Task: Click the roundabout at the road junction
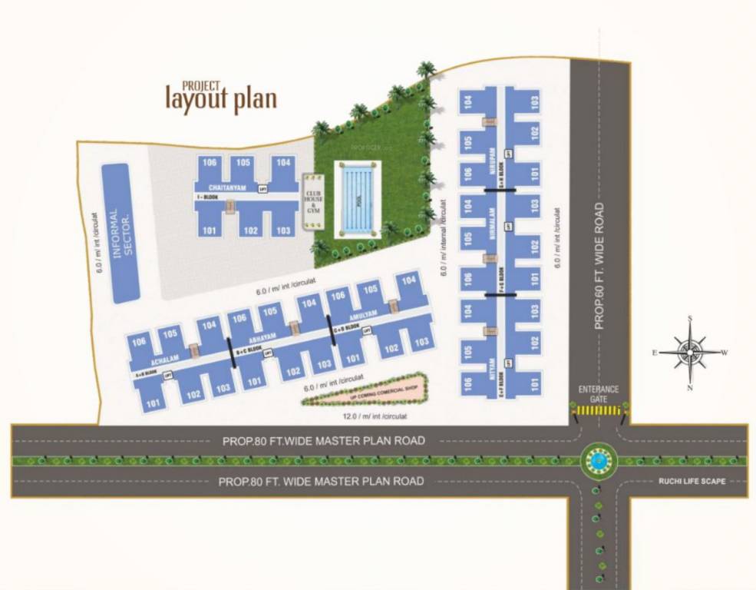pyautogui.click(x=599, y=460)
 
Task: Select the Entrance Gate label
pyautogui.click(x=599, y=394)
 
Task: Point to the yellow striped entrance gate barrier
pyautogui.click(x=599, y=412)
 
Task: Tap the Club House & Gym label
pyautogui.click(x=312, y=200)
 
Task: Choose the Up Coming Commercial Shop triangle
pyautogui.click(x=361, y=391)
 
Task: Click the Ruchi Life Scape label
pyautogui.click(x=691, y=482)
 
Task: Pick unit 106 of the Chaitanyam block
pyautogui.click(x=210, y=163)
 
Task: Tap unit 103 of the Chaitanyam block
pyautogui.click(x=282, y=230)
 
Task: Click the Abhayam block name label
pyautogui.click(x=262, y=338)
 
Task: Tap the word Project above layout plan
pyautogui.click(x=201, y=85)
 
